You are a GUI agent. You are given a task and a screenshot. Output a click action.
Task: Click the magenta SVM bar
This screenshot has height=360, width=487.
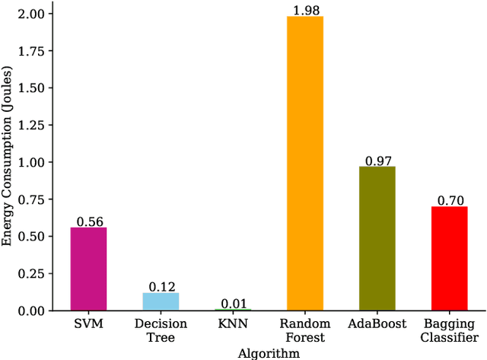pyautogui.click(x=88, y=269)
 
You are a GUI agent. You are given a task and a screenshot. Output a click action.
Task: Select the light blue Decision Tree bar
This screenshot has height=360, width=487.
pyautogui.click(x=161, y=301)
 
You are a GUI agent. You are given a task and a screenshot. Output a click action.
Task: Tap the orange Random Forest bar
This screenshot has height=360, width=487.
pyautogui.click(x=305, y=163)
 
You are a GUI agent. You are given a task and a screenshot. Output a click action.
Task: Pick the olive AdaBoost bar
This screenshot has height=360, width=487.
pyautogui.click(x=377, y=238)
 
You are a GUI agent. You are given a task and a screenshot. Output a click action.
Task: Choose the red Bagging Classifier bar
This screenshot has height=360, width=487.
pyautogui.click(x=449, y=258)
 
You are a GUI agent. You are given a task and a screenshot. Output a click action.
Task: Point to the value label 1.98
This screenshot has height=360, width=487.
pyautogui.click(x=305, y=9)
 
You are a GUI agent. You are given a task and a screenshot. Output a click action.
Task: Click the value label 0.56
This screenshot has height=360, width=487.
pyautogui.click(x=88, y=221)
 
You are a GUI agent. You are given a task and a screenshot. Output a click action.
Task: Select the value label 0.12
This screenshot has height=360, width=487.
pyautogui.click(x=161, y=286)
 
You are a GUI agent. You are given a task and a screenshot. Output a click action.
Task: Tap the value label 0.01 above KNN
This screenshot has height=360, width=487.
pyautogui.click(x=233, y=303)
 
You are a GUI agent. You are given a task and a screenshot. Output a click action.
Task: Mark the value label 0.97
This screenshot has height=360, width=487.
pyautogui.click(x=377, y=160)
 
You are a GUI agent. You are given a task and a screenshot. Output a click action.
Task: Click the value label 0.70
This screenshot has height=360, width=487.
pyautogui.click(x=449, y=200)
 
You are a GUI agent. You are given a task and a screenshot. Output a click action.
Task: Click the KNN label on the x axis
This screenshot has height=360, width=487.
pyautogui.click(x=233, y=324)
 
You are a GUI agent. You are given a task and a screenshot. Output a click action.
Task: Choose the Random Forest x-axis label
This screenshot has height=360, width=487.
pyautogui.click(x=305, y=330)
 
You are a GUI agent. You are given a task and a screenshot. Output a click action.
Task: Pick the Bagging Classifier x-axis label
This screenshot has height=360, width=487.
pyautogui.click(x=449, y=330)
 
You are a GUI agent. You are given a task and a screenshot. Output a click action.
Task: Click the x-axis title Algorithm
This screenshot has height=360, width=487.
pyautogui.click(x=269, y=353)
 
